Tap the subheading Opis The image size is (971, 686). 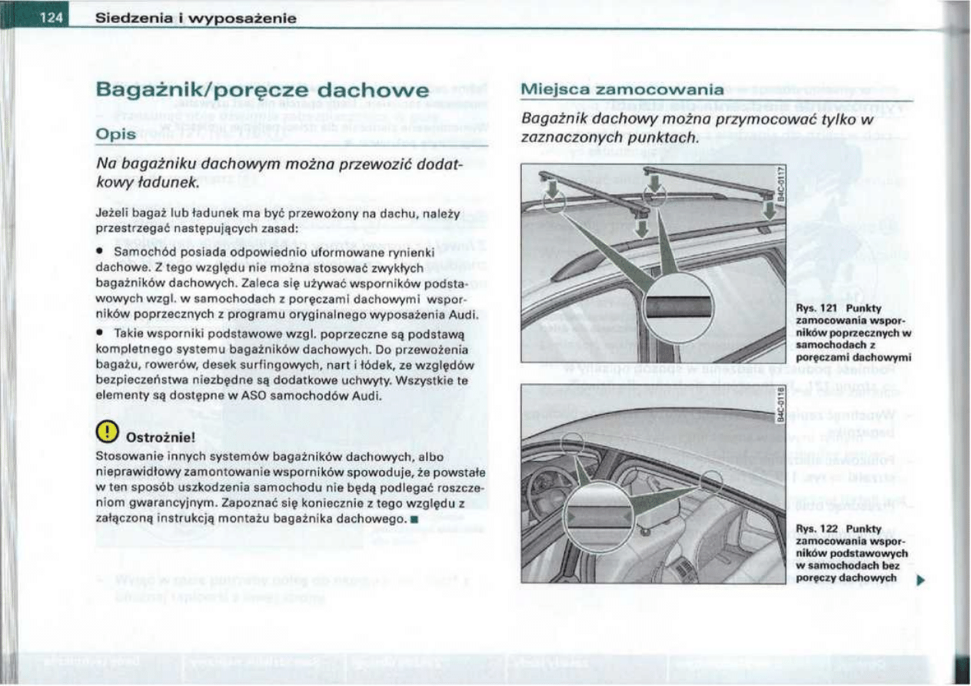[115, 134]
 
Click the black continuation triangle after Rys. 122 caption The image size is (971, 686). [919, 579]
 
